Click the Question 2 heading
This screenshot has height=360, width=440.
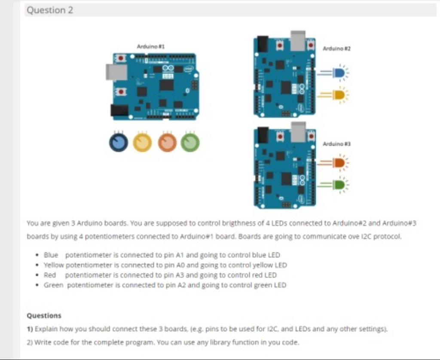tap(50, 10)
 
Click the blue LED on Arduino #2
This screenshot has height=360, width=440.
tap(339, 73)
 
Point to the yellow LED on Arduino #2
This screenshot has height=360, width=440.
tap(339, 95)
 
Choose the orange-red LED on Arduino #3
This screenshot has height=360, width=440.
tap(339, 163)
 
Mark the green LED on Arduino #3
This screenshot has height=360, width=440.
tap(339, 185)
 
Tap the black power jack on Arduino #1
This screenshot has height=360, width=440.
tap(119, 110)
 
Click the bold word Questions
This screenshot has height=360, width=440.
tap(44, 315)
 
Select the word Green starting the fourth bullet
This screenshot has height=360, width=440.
tap(53, 285)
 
